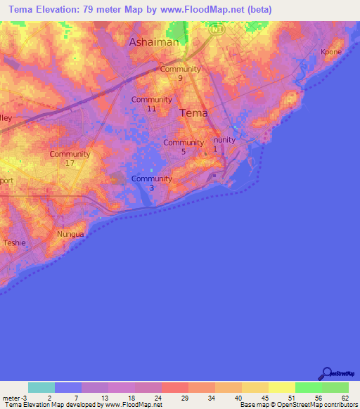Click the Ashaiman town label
point(154,42)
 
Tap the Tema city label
point(194,112)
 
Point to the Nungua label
point(70,233)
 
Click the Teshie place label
point(14,242)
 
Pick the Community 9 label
point(181,73)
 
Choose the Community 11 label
point(151,104)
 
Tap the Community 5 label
point(184,147)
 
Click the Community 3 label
point(151,183)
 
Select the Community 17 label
point(70,158)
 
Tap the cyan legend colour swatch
point(41,387)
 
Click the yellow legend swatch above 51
point(282,387)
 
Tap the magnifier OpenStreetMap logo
point(327,373)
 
